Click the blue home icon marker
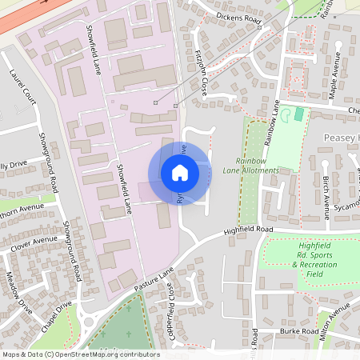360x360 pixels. pos(179,172)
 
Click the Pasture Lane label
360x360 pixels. pos(154,280)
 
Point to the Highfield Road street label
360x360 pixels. pos(250,230)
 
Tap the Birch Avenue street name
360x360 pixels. pos(326,198)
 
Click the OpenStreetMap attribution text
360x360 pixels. pos(79,354)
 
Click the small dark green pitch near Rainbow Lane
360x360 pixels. pos(299,114)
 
